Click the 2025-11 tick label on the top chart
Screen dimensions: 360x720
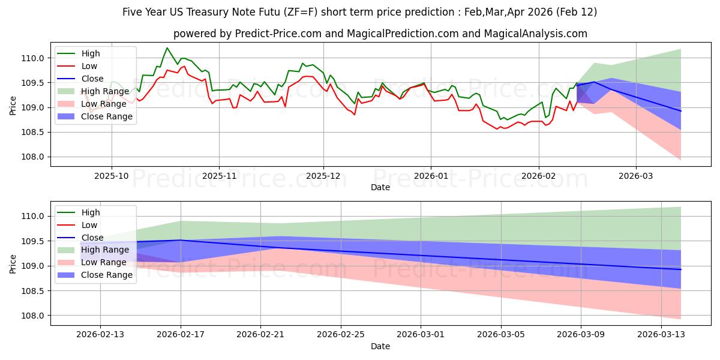pos(218,176)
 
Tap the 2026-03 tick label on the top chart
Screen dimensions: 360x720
pos(636,176)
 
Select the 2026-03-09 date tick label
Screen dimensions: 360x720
pos(581,335)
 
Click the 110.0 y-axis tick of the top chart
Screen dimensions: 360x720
pos(34,58)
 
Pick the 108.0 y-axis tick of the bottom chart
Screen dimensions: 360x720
pos(34,316)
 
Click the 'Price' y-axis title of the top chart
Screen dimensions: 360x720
pos(13,105)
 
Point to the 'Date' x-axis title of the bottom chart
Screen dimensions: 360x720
pos(380,346)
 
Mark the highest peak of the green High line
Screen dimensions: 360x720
pos(167,48)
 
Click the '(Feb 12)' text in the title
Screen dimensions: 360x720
pos(576,12)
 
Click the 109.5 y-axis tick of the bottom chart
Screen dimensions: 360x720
pos(34,241)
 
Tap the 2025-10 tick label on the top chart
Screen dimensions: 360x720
pos(111,176)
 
